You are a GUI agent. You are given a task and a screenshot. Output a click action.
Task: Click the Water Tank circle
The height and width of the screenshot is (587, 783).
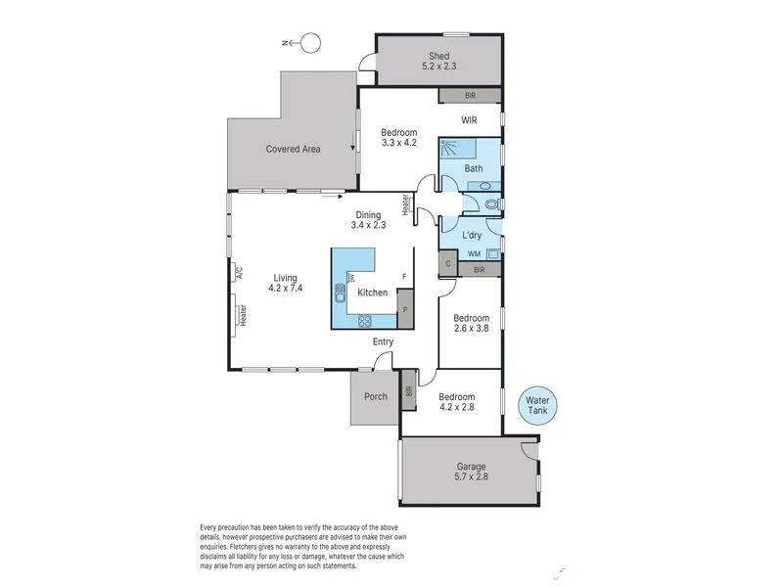coord(537,405)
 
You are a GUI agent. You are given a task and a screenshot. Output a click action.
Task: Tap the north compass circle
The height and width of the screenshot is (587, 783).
coord(310,43)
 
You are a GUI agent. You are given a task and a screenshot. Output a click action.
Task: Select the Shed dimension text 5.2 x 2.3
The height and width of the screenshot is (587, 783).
coord(438,66)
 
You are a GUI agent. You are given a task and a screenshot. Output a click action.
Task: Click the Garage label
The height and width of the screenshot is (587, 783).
coord(471,467)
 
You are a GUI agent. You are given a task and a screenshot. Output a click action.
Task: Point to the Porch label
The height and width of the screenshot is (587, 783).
coord(376,396)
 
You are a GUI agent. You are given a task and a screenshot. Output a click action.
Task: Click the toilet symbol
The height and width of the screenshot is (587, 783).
coord(492,204)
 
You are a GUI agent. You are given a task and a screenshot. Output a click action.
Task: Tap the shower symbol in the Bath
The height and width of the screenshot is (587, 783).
coord(458,149)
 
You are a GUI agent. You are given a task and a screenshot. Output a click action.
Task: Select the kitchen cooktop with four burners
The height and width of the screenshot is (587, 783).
coord(364,321)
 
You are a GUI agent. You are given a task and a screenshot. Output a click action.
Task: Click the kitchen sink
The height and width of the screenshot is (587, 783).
coord(340,293)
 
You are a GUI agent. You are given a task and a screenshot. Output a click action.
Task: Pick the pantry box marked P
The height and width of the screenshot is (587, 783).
coord(405,309)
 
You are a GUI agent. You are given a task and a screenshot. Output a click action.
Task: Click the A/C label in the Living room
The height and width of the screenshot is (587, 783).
coord(239,273)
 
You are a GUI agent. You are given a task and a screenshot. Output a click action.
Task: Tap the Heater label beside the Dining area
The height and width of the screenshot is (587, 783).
coord(405,204)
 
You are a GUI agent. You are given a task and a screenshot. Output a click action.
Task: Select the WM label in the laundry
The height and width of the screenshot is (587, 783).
coord(474,254)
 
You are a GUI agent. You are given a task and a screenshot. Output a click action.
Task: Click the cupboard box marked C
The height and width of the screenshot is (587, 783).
coord(448,263)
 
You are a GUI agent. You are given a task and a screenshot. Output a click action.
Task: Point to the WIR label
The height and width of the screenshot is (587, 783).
coord(469,120)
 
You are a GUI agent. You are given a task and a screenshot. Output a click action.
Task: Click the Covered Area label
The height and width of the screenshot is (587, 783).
coord(293,149)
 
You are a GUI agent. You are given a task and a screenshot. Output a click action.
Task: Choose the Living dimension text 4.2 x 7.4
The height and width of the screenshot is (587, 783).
coord(285,288)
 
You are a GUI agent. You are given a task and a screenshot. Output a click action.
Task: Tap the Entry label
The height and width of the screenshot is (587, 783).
coord(383,341)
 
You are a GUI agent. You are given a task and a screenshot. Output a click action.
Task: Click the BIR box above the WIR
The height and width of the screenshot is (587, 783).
coord(470,95)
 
